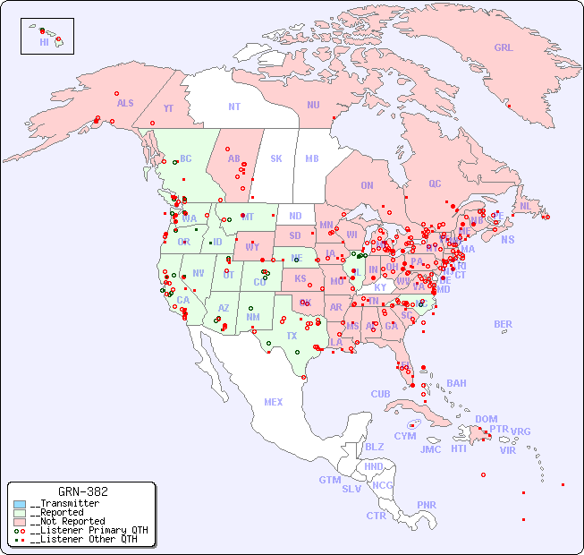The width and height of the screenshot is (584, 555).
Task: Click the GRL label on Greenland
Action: pyautogui.click(x=504, y=48)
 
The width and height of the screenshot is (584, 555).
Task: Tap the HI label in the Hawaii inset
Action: pyautogui.click(x=44, y=42)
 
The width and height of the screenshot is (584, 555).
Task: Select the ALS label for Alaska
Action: pyautogui.click(x=125, y=103)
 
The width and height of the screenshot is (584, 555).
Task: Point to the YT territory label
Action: pyautogui.click(x=168, y=108)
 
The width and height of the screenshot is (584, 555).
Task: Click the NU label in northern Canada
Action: pyautogui.click(x=313, y=105)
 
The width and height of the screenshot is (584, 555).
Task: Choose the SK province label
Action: pyautogui.click(x=276, y=158)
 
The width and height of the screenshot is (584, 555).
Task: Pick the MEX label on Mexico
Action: pyautogui.click(x=274, y=402)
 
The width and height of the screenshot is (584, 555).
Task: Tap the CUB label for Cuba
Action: pyautogui.click(x=380, y=394)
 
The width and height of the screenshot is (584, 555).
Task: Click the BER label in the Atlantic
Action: pyautogui.click(x=503, y=324)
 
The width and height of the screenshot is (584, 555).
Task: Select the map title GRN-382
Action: pyautogui.click(x=82, y=491)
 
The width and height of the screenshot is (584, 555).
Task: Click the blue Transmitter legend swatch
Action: pyautogui.click(x=20, y=504)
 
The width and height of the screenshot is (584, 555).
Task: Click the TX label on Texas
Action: pyautogui.click(x=292, y=336)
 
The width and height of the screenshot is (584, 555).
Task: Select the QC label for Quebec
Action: pyautogui.click(x=435, y=184)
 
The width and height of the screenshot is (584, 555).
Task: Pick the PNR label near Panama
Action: pyautogui.click(x=427, y=505)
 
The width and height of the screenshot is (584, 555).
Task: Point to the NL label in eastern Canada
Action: pyautogui.click(x=525, y=206)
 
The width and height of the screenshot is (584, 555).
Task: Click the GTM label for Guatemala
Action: pyautogui.click(x=329, y=480)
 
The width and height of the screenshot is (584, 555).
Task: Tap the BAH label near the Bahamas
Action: pyautogui.click(x=456, y=383)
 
